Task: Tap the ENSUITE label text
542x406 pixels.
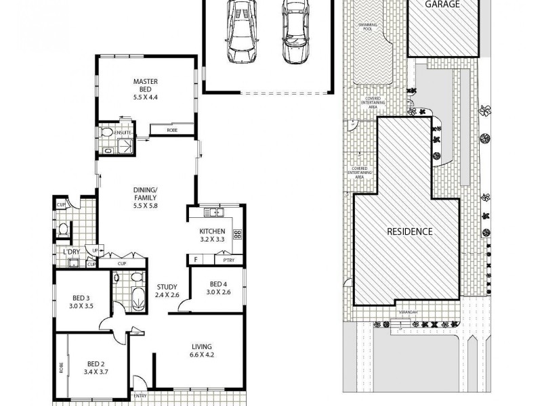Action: coord(122,133)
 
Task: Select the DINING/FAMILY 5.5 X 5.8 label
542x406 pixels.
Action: coord(145,197)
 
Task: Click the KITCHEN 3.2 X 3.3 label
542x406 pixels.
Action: coord(211,235)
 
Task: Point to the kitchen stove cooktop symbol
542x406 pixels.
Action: coord(238,235)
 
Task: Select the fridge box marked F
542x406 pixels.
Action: coord(195,259)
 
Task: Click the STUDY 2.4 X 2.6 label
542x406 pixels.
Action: coord(167,290)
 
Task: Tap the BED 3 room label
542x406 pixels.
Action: coord(83,300)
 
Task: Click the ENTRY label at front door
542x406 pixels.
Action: coord(140,396)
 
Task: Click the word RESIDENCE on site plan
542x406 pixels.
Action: coord(409,231)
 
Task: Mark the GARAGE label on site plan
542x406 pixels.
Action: coord(442,4)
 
